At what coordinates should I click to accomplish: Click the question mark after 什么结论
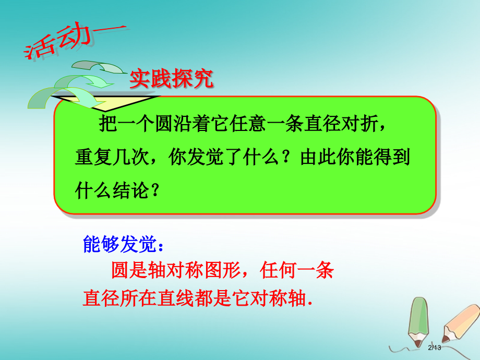point(154,191)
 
